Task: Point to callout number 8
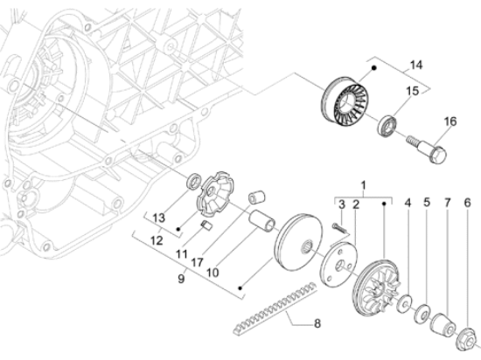(x=317, y=322)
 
